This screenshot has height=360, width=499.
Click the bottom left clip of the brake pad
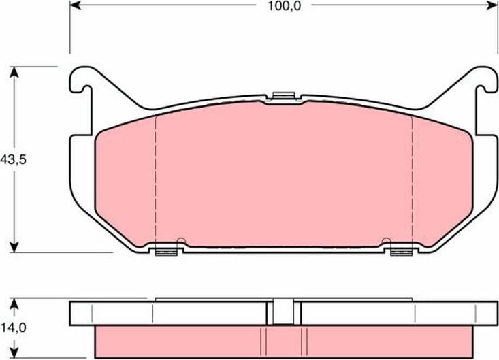tap(166, 252)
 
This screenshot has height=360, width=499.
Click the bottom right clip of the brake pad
tap(402, 252)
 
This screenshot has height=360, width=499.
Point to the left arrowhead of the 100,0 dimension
tap(74, 5)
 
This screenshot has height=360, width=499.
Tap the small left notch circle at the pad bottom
tap(180, 240)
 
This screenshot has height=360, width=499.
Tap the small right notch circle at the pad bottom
tap(387, 240)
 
